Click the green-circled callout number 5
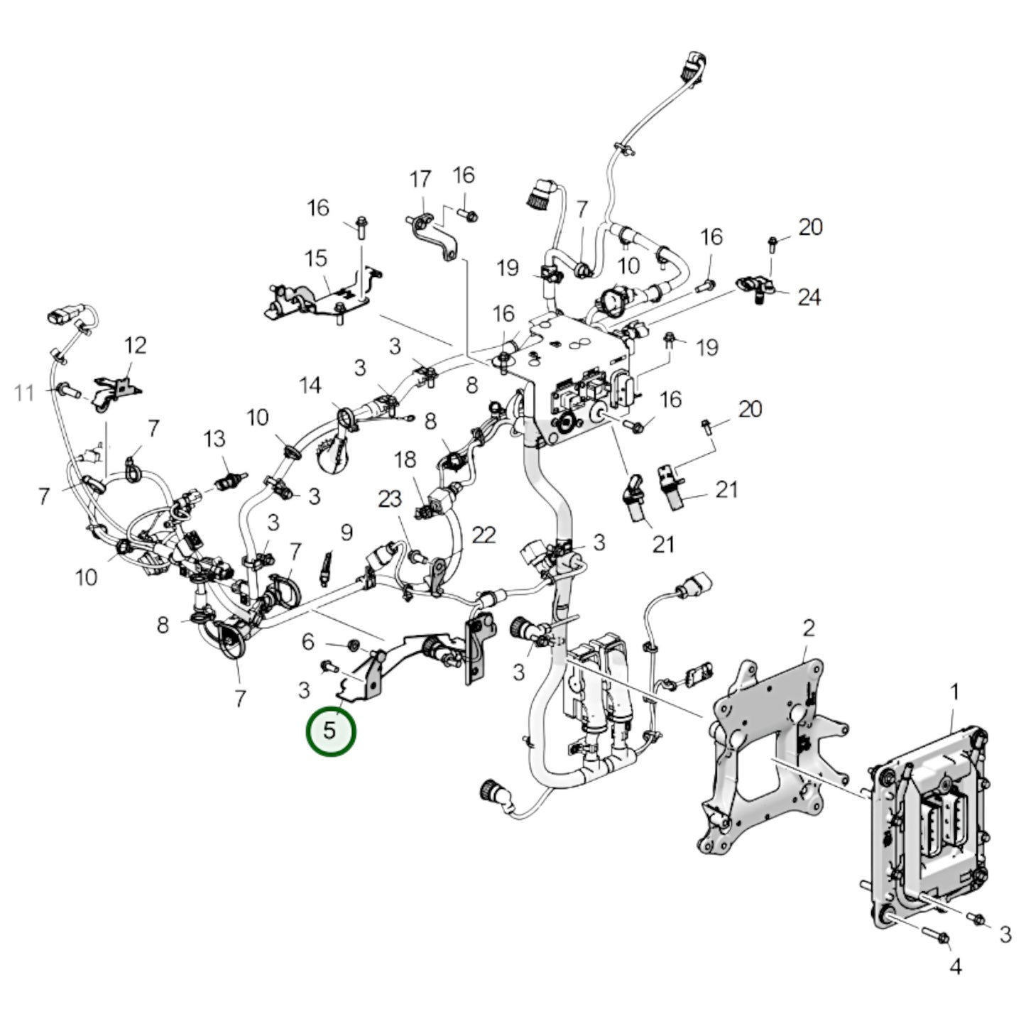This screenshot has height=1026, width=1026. (330, 731)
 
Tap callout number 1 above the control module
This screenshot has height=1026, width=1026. (955, 691)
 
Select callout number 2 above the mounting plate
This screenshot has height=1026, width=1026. (809, 628)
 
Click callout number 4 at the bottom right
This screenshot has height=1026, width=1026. (956, 966)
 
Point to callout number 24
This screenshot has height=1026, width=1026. (809, 297)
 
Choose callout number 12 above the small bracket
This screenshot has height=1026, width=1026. (135, 346)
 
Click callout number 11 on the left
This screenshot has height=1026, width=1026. (25, 392)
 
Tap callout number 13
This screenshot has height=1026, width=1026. (214, 439)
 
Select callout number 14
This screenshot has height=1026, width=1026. (310, 386)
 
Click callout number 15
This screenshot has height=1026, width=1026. (316, 258)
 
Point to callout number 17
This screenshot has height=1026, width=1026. (420, 179)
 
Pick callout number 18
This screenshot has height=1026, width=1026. (405, 459)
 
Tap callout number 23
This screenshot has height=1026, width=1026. (390, 499)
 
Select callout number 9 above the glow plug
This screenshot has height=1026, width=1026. (346, 531)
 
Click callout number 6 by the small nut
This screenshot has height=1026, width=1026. (307, 642)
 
